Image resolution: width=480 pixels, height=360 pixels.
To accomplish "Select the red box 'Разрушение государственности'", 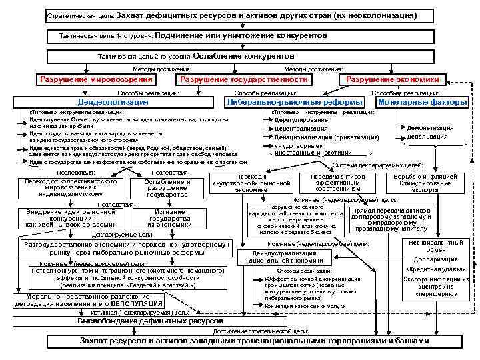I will [244, 79].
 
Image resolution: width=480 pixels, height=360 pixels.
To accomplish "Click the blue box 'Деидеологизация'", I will [113, 103].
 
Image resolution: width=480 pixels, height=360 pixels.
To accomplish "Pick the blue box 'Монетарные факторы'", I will [423, 103].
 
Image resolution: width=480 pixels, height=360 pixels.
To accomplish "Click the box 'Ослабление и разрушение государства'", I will [167, 187].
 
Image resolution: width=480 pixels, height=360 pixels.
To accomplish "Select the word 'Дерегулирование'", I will [301, 120].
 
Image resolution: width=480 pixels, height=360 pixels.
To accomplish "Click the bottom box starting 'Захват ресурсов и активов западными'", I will [254, 341].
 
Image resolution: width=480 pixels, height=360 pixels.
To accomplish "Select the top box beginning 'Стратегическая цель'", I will [231, 15].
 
